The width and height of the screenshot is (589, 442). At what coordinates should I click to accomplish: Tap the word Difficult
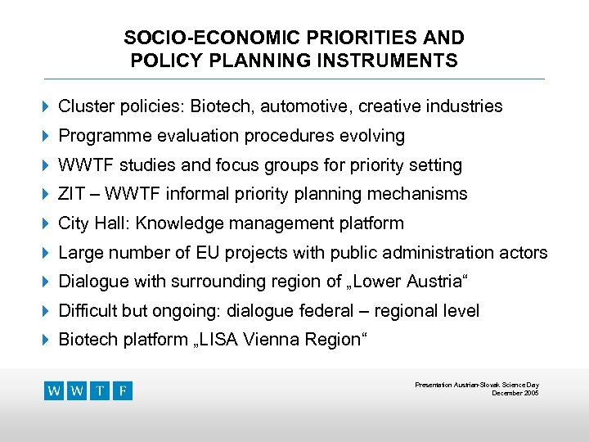pos(88,311)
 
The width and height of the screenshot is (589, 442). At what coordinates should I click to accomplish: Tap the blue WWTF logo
pos(88,390)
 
